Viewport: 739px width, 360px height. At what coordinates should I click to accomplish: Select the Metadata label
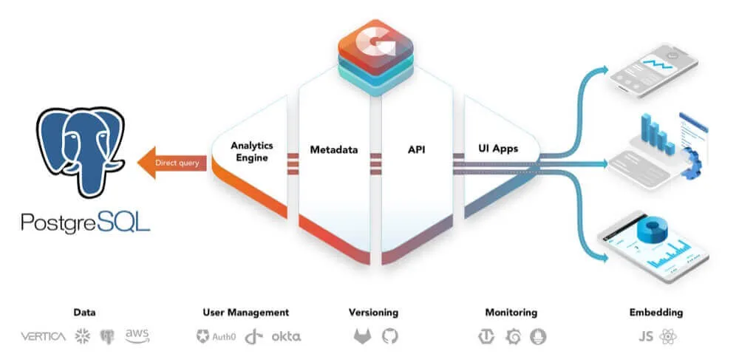point(333,150)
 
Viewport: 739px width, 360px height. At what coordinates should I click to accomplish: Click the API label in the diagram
point(416,149)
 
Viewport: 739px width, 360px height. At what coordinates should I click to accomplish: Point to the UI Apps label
point(497,149)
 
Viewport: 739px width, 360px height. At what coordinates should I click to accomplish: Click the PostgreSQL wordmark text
point(85,222)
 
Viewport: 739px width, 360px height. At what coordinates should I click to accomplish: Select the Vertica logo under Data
point(43,336)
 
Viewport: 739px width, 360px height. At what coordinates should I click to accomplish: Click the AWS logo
point(137,336)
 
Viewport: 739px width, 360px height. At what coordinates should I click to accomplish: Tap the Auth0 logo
point(216,336)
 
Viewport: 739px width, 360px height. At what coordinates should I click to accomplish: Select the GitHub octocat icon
point(389,336)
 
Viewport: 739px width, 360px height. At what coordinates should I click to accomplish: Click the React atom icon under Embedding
point(669,336)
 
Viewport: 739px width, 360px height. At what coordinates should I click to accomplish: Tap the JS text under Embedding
point(645,336)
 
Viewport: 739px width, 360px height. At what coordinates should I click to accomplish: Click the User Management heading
point(245,313)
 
